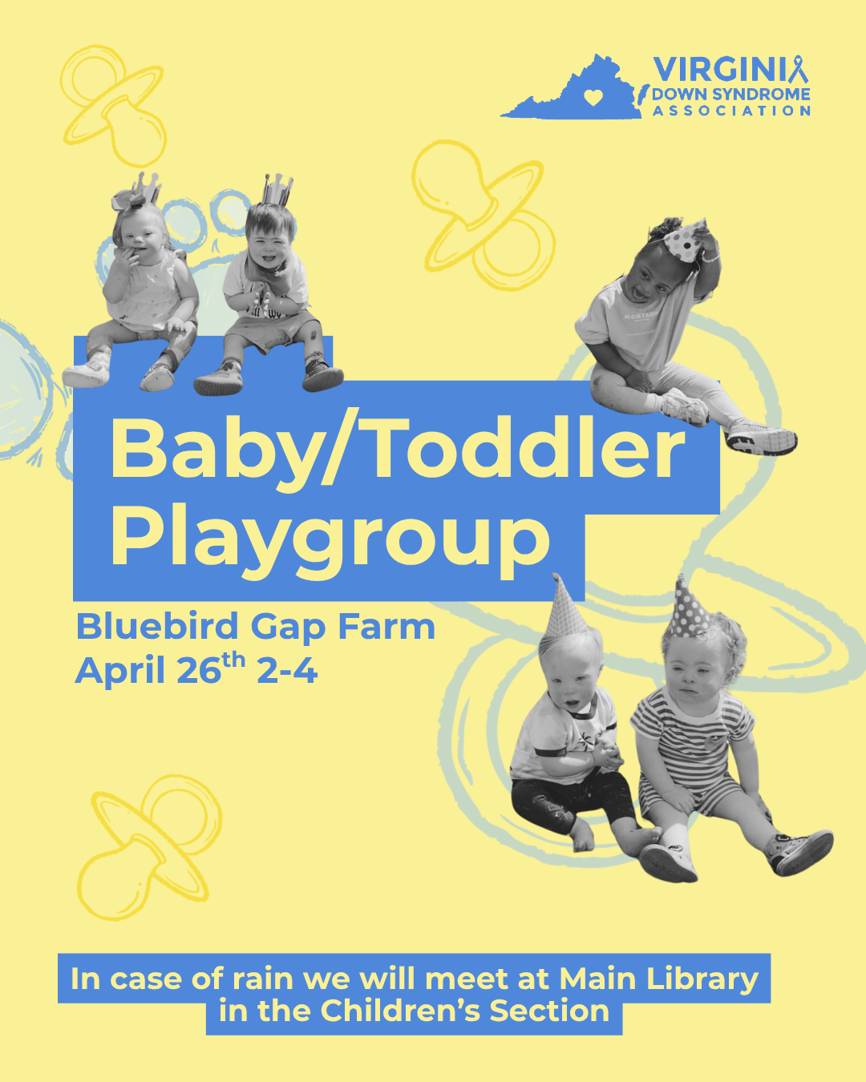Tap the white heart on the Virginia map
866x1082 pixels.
593,98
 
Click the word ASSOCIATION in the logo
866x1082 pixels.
731,111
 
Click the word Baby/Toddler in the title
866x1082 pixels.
397,450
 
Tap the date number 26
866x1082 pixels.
199,671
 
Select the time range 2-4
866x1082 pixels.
287,671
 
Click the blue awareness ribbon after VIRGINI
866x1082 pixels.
797,70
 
